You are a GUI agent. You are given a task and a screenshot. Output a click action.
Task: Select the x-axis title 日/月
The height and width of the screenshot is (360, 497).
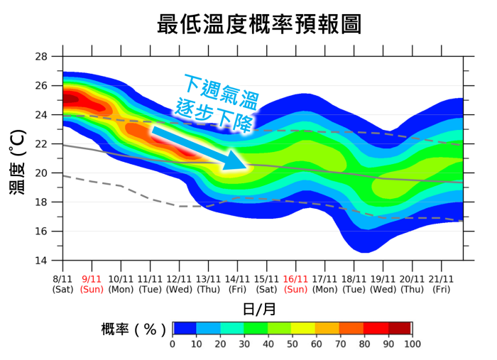[x=258, y=308]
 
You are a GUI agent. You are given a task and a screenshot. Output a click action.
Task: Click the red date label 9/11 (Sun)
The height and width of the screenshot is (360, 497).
[x=92, y=284]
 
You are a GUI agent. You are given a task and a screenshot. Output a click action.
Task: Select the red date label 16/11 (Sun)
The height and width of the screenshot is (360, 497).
[x=295, y=284]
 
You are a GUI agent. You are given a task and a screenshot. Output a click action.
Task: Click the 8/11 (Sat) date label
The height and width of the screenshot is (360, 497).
[x=62, y=284]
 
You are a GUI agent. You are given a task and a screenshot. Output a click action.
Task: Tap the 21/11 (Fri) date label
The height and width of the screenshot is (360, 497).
[x=441, y=284]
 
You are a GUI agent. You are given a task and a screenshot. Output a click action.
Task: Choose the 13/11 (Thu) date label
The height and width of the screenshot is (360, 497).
[x=208, y=284]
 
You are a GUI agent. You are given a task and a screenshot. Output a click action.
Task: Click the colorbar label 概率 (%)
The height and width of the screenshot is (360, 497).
[x=133, y=329]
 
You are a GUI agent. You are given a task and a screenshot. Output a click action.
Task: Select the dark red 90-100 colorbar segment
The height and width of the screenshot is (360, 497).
[x=399, y=328]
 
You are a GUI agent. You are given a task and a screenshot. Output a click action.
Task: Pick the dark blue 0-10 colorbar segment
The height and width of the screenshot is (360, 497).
[x=185, y=328]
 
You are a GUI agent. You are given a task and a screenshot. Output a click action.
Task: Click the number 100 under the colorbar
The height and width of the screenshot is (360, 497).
[x=411, y=344]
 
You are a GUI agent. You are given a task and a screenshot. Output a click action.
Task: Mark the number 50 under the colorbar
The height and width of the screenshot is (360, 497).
[x=292, y=344]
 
